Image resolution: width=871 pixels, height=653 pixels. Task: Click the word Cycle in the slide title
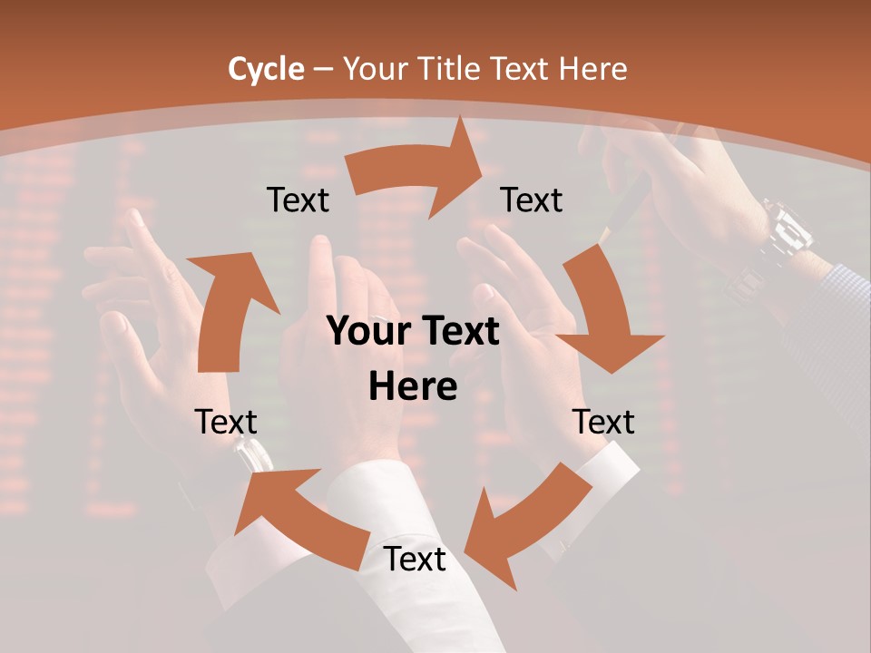point(266,69)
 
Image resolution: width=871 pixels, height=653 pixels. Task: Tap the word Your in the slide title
point(375,69)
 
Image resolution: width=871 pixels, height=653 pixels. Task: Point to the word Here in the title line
point(593,69)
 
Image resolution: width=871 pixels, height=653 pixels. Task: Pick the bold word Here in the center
point(413,387)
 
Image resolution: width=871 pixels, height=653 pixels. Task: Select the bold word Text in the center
point(459,331)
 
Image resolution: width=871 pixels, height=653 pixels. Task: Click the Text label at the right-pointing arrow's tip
point(532,200)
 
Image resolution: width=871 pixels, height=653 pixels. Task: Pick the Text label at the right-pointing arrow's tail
point(298,200)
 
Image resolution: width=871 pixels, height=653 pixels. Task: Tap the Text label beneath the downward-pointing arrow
point(603,422)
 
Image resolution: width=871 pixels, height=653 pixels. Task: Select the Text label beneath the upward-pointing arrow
point(226,422)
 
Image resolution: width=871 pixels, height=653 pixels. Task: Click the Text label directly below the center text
point(415,560)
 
